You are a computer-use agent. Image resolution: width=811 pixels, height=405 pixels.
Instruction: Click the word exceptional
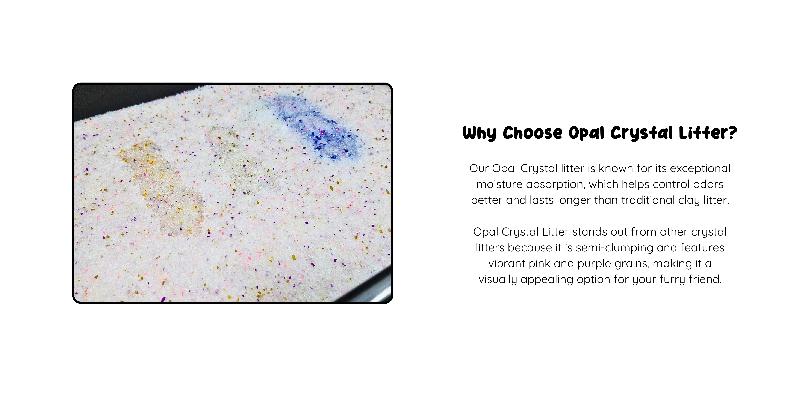pyautogui.click(x=700, y=169)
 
